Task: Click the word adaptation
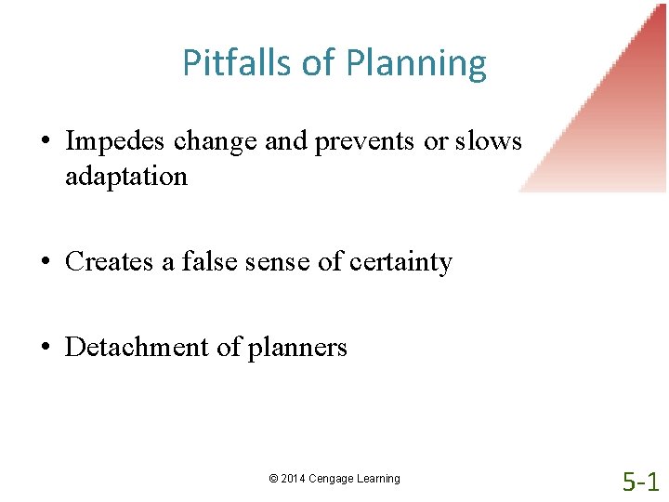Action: (126, 176)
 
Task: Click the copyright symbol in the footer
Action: (273, 479)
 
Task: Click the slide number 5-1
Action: (641, 482)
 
